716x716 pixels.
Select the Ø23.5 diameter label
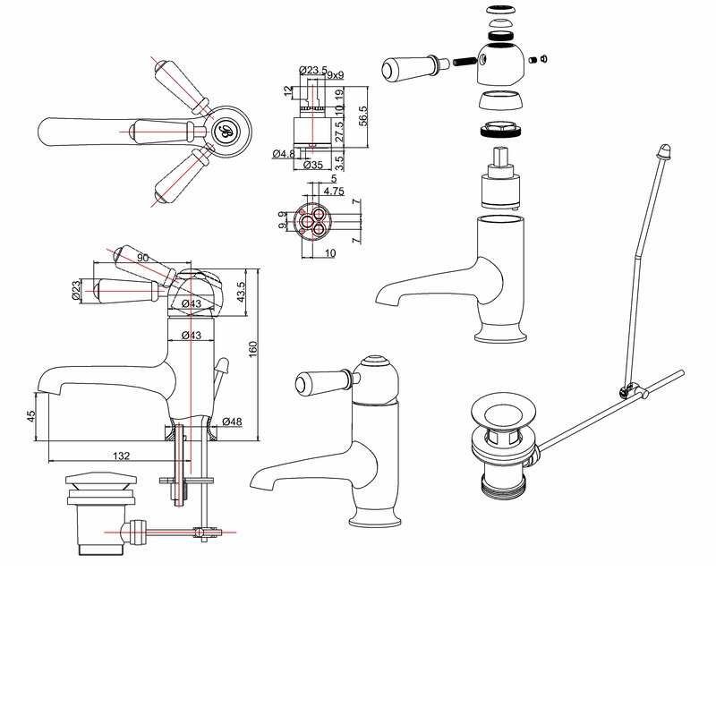[x=310, y=71]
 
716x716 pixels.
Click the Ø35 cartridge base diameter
[x=312, y=166]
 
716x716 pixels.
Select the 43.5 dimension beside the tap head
[x=239, y=292]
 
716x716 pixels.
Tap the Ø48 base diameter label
[x=233, y=422]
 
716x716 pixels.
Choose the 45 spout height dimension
[x=31, y=415]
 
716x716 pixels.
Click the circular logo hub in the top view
[x=221, y=132]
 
